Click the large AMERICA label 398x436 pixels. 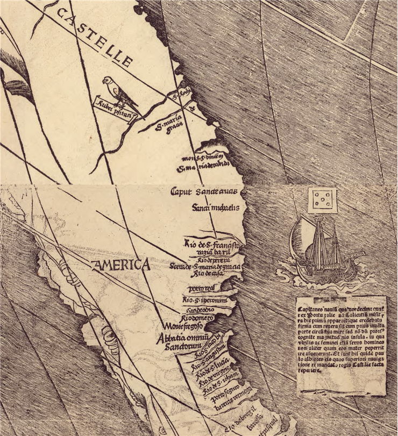(x=120, y=265)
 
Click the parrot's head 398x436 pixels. (x=108, y=81)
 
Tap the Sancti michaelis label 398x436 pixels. (x=215, y=207)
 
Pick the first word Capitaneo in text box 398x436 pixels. (x=311, y=309)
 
